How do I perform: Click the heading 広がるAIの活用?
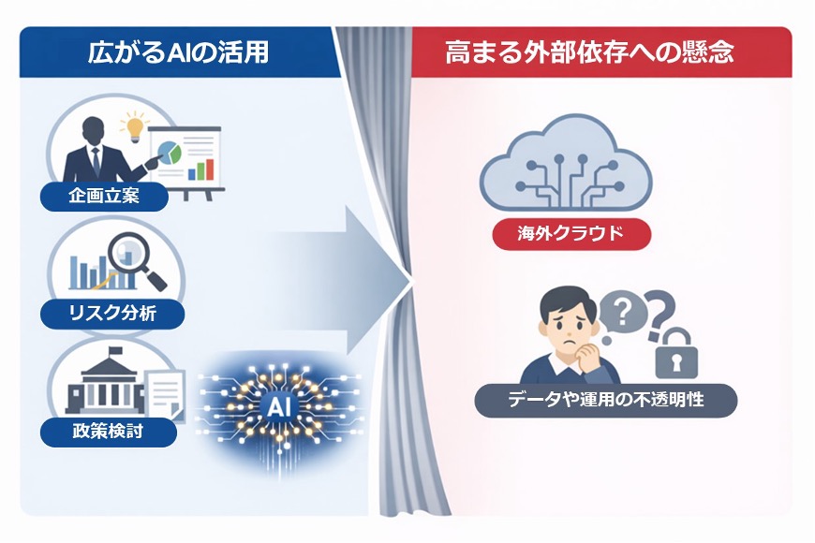177,51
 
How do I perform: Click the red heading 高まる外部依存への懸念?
589,51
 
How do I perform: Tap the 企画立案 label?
104,197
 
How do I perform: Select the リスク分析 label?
112,313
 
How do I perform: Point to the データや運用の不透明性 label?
605,401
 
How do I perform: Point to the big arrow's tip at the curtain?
409,278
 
